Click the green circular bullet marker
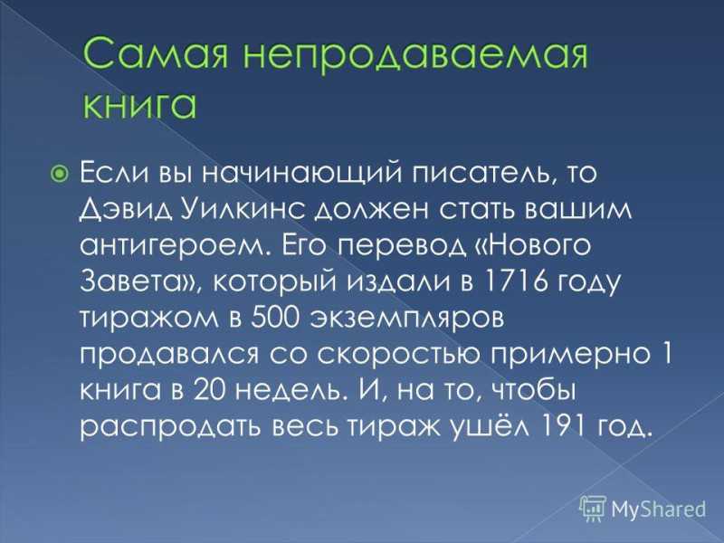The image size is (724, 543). click(59, 174)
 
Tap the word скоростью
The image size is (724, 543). click(398, 355)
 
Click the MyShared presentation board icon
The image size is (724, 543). click(593, 509)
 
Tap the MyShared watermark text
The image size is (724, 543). click(659, 510)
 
